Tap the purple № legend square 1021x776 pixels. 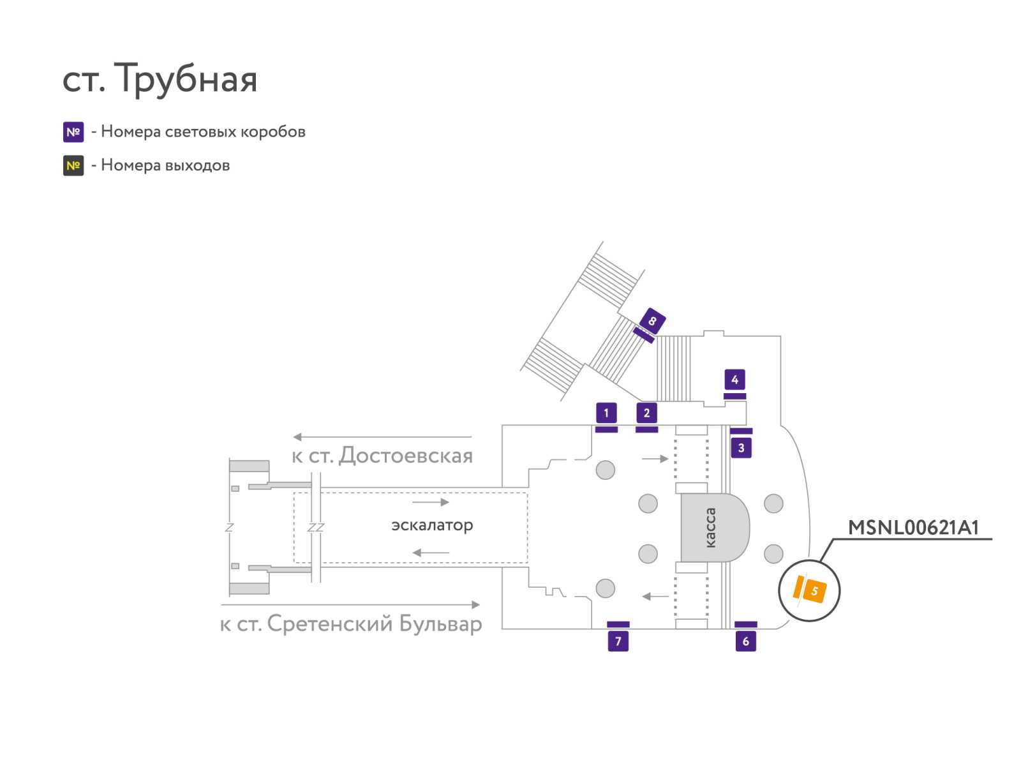point(73,132)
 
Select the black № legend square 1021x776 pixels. point(73,165)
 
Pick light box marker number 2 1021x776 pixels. point(646,412)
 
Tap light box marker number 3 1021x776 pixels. point(741,448)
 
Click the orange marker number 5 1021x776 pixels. point(814,591)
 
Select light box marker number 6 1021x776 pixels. point(745,641)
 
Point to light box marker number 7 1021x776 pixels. point(618,641)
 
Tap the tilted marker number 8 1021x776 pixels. point(652,321)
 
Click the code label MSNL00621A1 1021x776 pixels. point(914,528)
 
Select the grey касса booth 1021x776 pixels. point(715,528)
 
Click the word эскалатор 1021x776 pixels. point(432,525)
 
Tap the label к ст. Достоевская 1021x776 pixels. point(382,456)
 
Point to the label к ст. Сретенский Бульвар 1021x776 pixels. point(351,624)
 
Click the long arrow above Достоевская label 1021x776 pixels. point(382,437)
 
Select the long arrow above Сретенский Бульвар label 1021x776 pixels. point(350,605)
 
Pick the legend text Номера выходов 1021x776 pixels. point(165,165)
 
